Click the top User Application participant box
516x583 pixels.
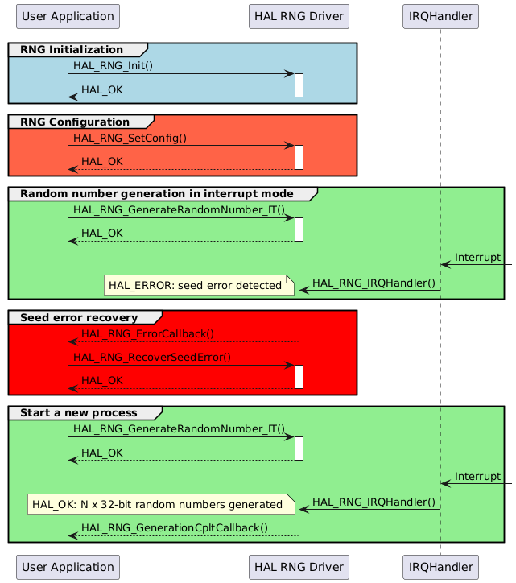68,15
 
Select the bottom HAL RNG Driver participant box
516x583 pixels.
299,566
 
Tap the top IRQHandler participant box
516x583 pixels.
440,15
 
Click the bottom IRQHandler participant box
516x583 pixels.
440,566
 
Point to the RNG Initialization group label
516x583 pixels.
72,50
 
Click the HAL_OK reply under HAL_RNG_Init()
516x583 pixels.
102,89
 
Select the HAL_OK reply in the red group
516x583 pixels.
102,381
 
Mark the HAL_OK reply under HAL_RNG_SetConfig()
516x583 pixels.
102,162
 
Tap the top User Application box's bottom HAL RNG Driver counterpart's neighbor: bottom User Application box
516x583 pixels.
68,566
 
